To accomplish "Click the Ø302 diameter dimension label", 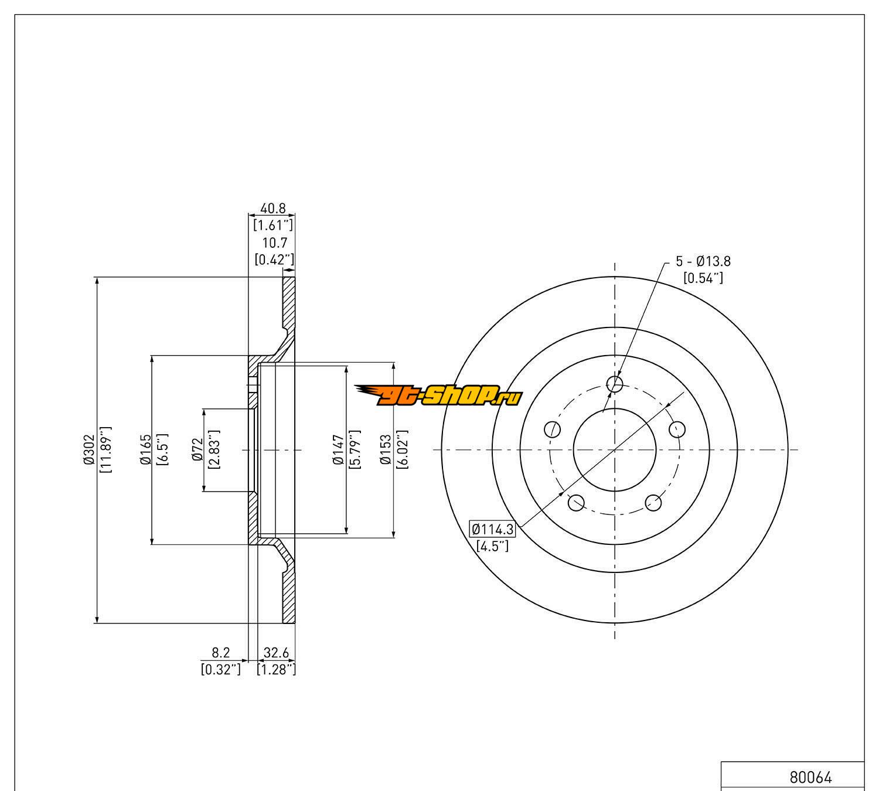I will coord(89,449).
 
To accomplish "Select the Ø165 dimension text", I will coord(146,449).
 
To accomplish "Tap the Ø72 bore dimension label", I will coord(197,449).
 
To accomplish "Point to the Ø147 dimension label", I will coord(338,449).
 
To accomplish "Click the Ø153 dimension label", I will coord(386,449).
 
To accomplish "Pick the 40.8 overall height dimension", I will coord(272,208).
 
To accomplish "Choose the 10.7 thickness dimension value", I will coord(274,243).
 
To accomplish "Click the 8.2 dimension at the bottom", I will coord(220,652).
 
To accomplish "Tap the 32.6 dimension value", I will coord(276,652).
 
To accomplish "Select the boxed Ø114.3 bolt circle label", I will coord(493,530).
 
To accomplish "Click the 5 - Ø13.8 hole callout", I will coord(703,261).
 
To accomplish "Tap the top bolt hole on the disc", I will coord(615,384).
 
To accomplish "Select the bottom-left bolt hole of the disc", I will coord(576,502).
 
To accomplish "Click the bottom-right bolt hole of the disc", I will coord(653,502).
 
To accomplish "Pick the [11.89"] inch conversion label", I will coord(106,449).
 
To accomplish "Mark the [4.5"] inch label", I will coord(492,547).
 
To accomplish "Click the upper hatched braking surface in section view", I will coord(289,302).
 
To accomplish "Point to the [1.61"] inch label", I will coord(273,224).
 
